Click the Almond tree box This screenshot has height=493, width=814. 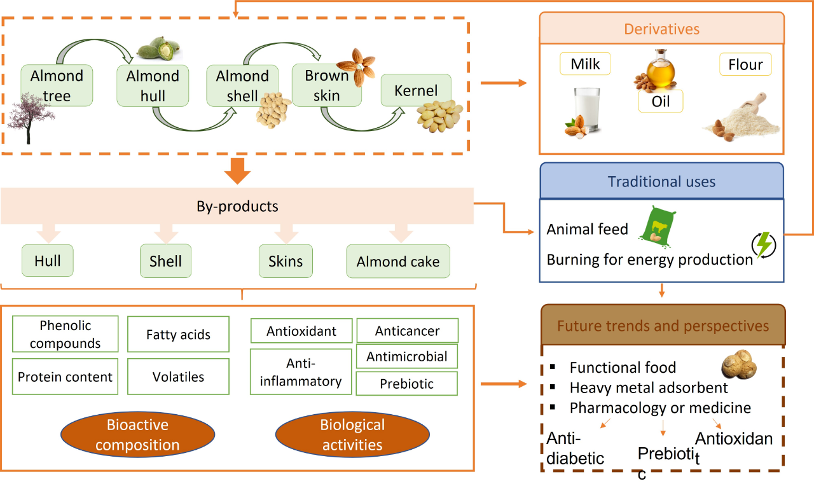[57, 85]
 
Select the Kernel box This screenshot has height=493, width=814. [416, 90]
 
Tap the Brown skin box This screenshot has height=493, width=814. [326, 85]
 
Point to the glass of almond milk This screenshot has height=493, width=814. [586, 111]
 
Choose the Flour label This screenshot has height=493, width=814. [745, 65]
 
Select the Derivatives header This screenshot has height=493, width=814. [661, 29]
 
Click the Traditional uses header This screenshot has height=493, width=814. [661, 181]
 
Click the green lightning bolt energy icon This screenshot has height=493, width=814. [764, 244]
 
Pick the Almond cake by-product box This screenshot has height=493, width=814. [398, 261]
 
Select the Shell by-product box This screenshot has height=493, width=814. [165, 261]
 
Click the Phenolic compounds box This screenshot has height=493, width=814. [66, 334]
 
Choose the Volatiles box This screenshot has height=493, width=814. [178, 377]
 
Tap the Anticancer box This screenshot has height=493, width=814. [407, 331]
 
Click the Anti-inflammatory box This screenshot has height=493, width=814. [301, 371]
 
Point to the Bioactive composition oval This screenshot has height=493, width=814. [137, 434]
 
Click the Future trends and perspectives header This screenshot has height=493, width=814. [663, 326]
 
